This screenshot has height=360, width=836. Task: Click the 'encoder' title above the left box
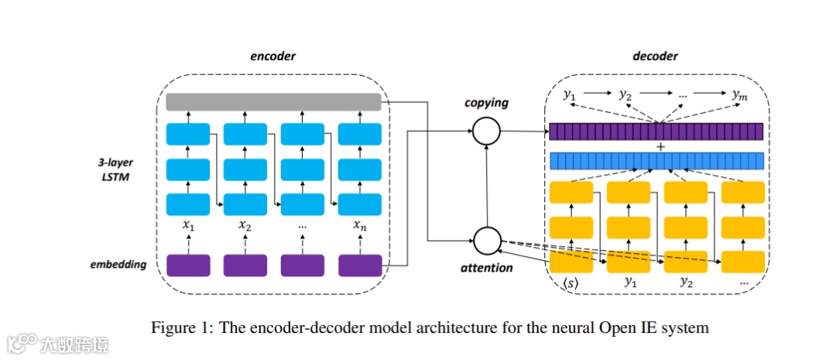(x=272, y=57)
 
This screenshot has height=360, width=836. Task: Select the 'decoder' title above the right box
(x=655, y=57)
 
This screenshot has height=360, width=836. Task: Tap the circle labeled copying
(x=487, y=131)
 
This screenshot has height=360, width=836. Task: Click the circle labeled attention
(x=487, y=240)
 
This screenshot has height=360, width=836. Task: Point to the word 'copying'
(x=486, y=103)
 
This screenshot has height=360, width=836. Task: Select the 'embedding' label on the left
(x=116, y=264)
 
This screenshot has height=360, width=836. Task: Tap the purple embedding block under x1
(x=188, y=265)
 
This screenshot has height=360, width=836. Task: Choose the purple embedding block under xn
(x=360, y=265)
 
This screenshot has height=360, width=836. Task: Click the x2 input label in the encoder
(x=245, y=226)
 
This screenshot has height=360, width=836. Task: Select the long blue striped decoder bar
(x=656, y=160)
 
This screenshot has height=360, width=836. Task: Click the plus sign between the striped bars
(x=660, y=146)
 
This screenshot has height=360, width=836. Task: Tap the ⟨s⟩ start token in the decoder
(x=571, y=283)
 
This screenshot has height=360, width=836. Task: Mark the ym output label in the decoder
(x=739, y=95)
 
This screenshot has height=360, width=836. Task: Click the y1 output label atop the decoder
(x=570, y=95)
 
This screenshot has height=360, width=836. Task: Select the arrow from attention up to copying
(x=487, y=186)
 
